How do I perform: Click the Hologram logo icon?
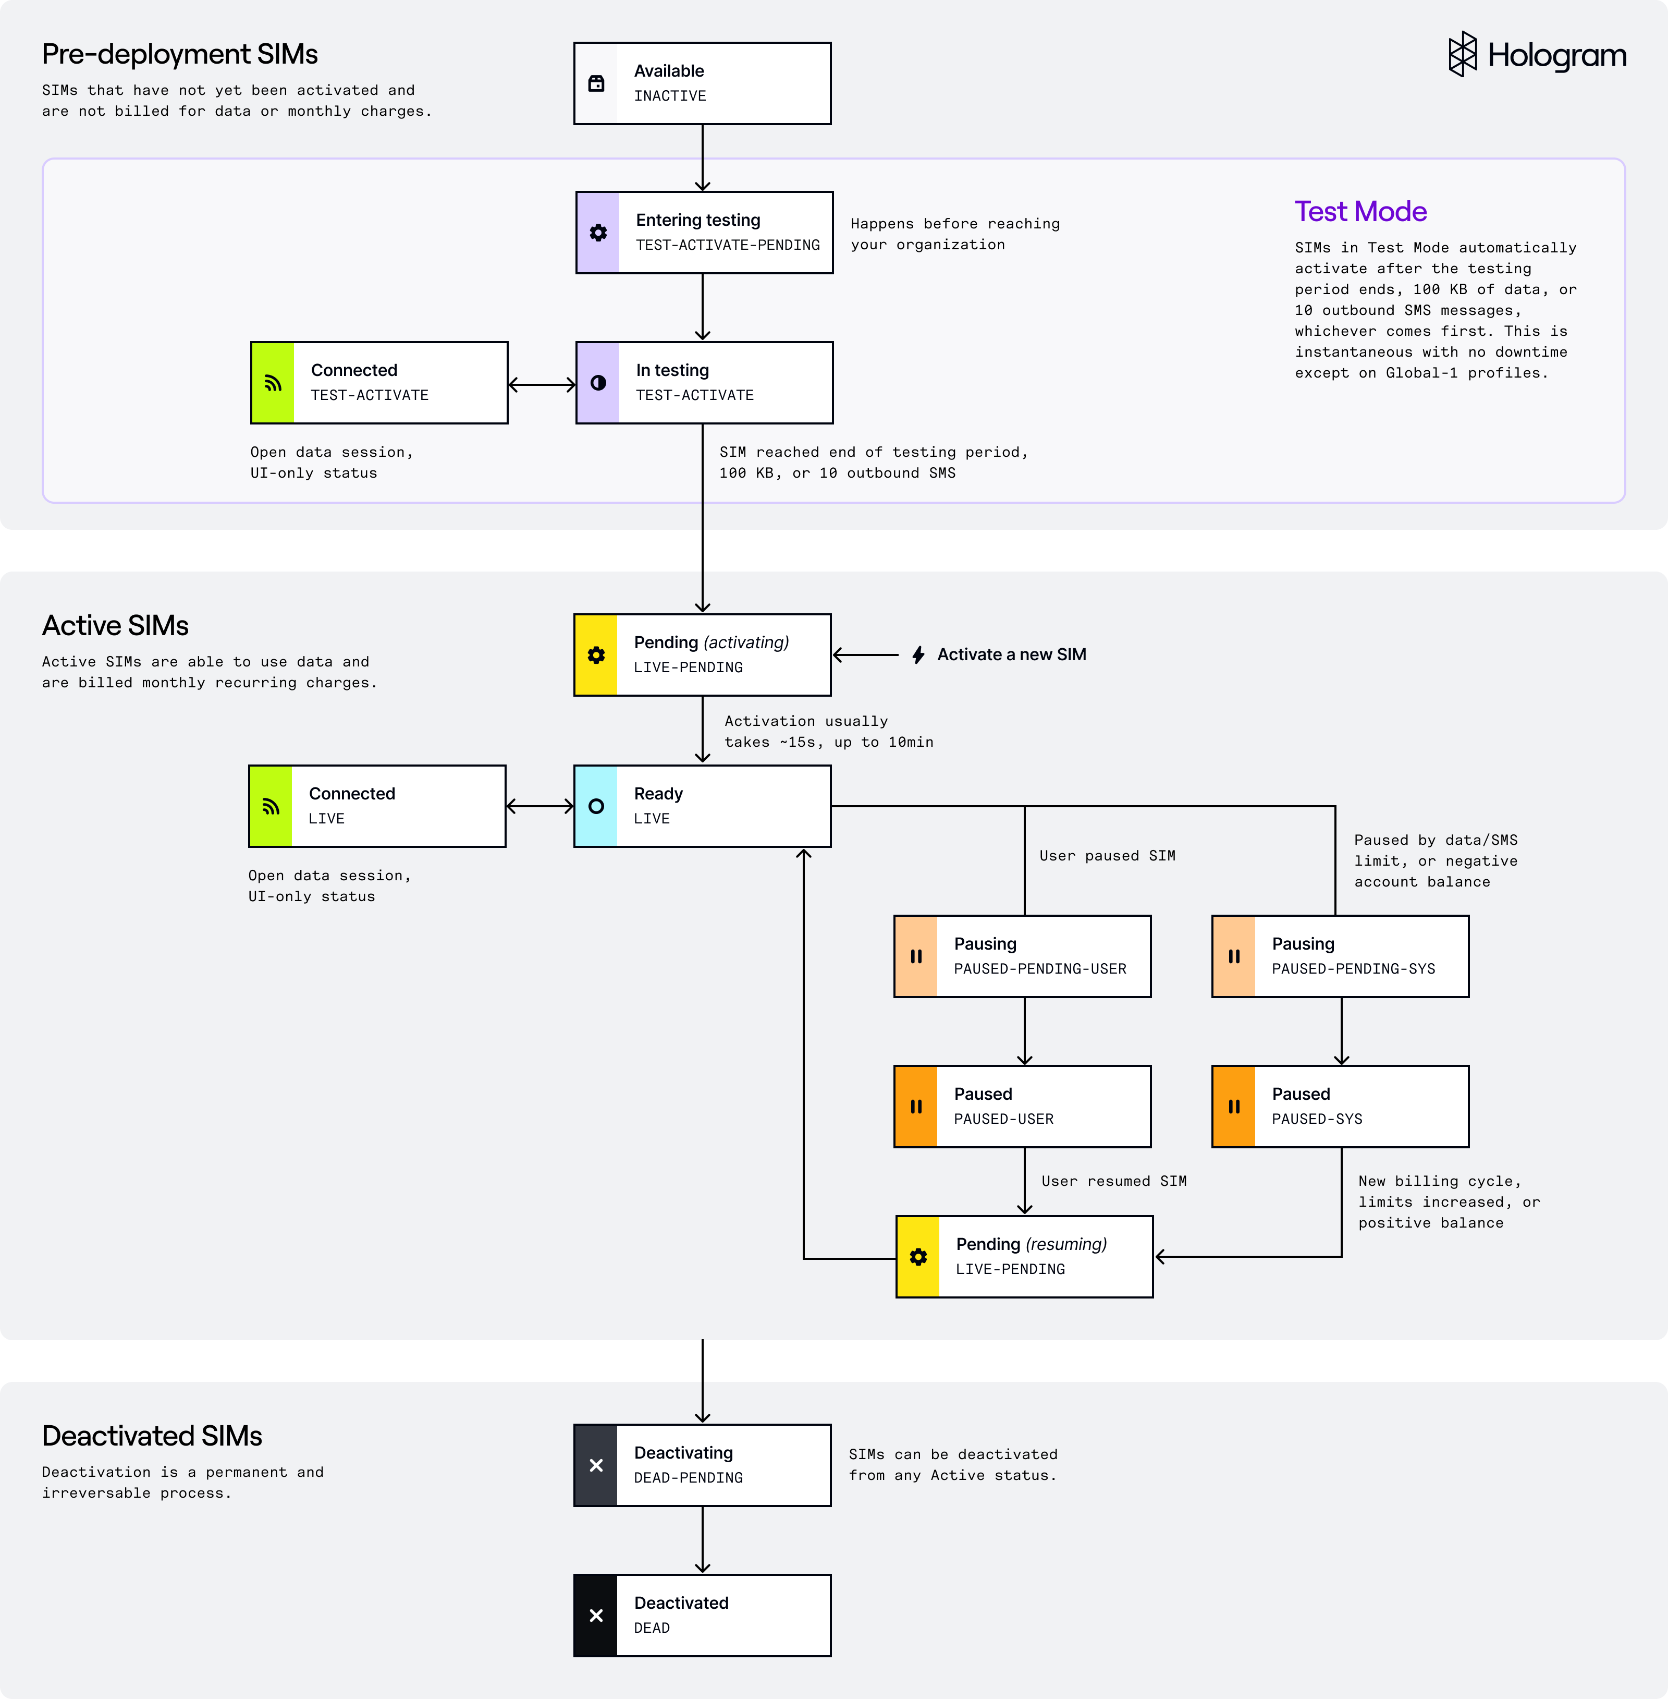pos(1462,54)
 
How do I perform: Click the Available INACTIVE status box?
pos(702,83)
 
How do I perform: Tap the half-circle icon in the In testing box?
pos(598,383)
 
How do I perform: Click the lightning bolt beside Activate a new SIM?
pos(918,654)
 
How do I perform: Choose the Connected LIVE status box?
pos(377,806)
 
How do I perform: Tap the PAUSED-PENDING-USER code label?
pos(1040,969)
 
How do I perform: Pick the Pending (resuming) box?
pos(1024,1256)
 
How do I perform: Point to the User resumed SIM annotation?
pos(1113,1181)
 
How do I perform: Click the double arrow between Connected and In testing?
pos(542,384)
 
